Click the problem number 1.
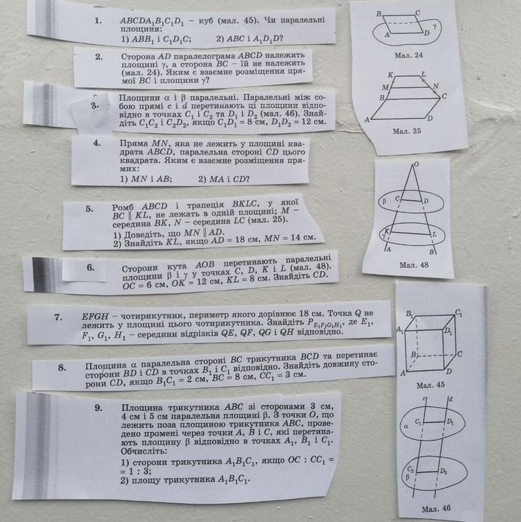coord(98,21)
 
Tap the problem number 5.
coord(89,209)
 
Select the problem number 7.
coord(59,317)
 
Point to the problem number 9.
coord(98,408)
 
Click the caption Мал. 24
coord(409,55)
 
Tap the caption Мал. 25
coord(407,131)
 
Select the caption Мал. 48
coord(414,265)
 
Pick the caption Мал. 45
coord(430,385)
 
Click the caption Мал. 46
coord(436,508)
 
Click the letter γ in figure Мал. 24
coord(435,26)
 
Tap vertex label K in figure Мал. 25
coord(390,75)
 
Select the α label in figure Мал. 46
coord(405,426)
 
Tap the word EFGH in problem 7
coord(95,316)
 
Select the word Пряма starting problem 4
coord(134,144)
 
